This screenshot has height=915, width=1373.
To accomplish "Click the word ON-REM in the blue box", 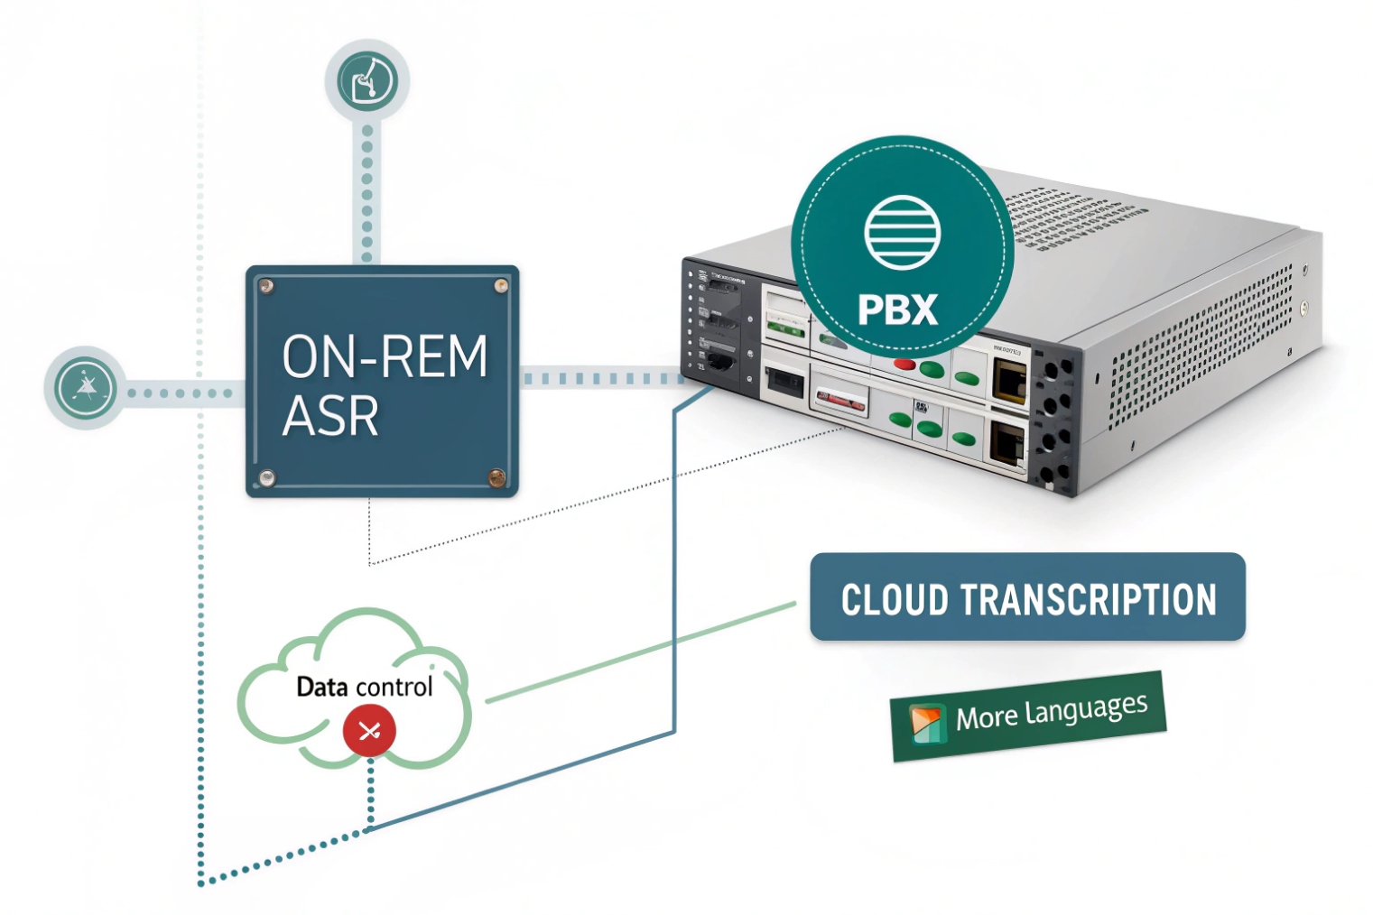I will [385, 356].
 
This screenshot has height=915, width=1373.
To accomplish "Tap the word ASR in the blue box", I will [330, 416].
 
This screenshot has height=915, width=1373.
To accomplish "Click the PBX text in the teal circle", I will [897, 310].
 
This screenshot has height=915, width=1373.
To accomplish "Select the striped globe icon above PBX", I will [902, 232].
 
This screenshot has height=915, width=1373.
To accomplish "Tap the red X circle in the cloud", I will [368, 730].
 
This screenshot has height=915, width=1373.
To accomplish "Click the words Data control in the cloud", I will [364, 687].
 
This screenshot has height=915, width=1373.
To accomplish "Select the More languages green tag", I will [1028, 716].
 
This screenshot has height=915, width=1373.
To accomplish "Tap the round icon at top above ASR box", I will [367, 80].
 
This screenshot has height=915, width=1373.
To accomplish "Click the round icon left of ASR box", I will [86, 388].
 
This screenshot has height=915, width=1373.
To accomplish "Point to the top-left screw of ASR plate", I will [266, 286].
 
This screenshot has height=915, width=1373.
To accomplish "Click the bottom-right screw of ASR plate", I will [496, 477].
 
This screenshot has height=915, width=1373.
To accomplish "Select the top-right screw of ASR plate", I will [500, 286].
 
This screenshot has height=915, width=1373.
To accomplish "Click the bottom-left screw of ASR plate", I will [266, 477].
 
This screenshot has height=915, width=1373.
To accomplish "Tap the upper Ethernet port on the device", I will [1008, 379].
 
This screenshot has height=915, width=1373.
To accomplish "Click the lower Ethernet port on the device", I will [1007, 443].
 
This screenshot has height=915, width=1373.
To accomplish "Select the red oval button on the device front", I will [904, 365].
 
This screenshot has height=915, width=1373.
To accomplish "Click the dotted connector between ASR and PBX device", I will [600, 378].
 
